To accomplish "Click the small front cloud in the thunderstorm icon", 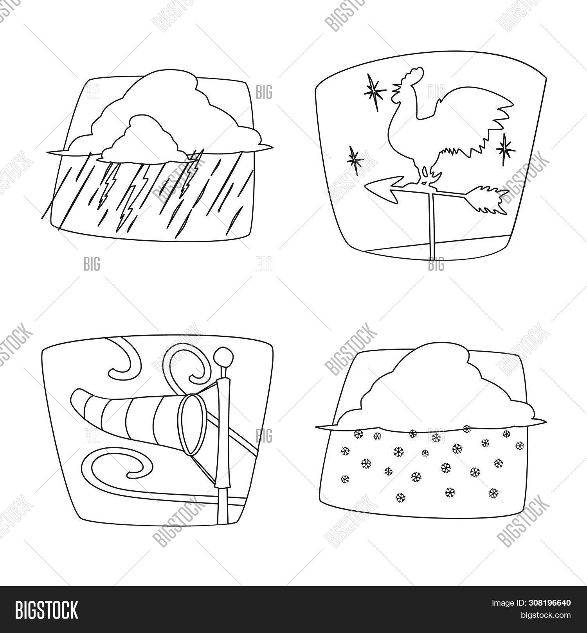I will point(141,141).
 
